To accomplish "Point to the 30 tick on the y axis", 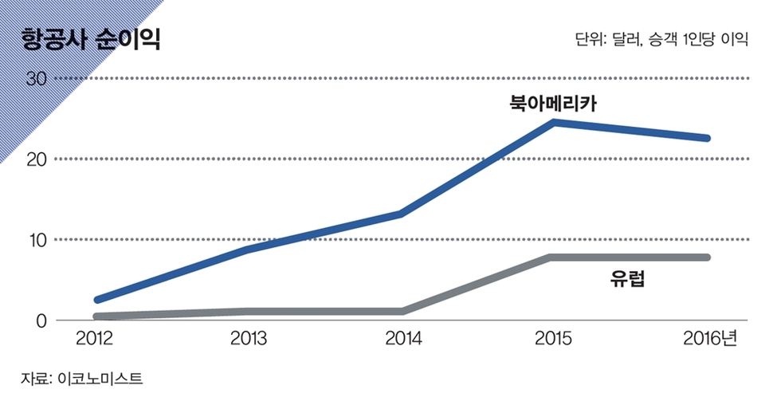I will [37, 79].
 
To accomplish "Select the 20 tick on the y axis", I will [37, 159].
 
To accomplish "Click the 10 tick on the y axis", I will [37, 240].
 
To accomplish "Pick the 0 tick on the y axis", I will [41, 320].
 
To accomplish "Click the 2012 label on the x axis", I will [94, 339].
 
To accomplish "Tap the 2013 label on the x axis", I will [249, 339].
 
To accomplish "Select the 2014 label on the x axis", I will [403, 339].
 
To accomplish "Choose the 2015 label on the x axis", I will [554, 339].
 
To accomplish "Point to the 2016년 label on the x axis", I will [710, 339].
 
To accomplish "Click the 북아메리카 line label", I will [554, 103].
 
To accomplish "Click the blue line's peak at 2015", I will [554, 122].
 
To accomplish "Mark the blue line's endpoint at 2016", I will [706, 138].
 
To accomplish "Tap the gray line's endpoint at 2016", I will [706, 257].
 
